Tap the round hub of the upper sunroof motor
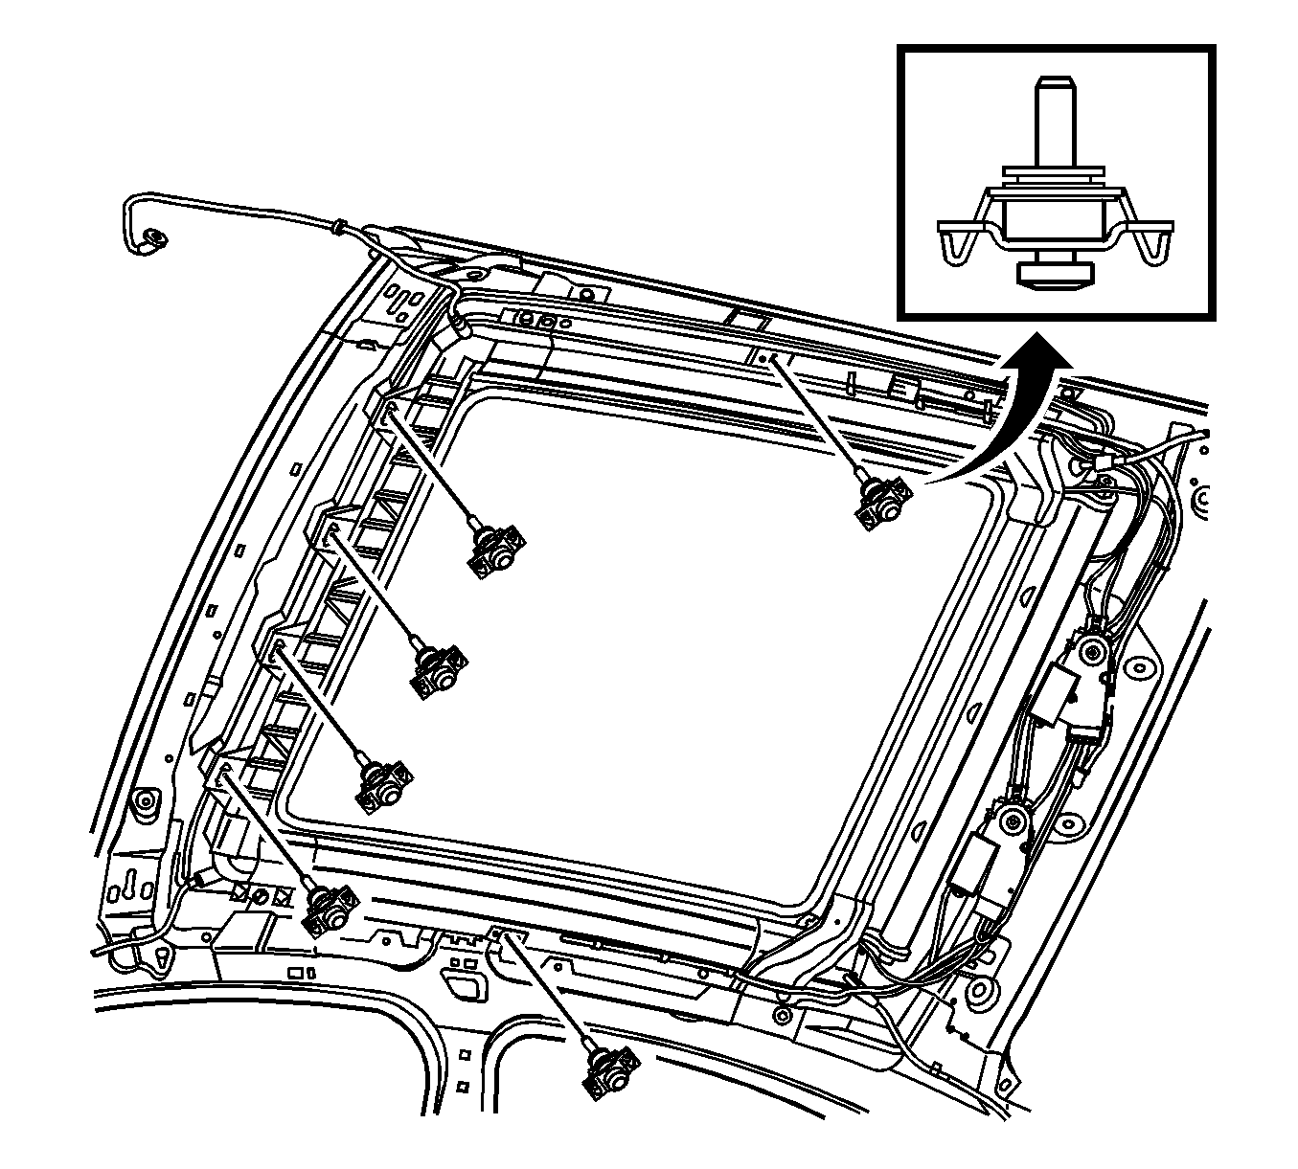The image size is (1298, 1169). click(1089, 653)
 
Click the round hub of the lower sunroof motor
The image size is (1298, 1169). click(1010, 820)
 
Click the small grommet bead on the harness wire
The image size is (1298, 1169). click(338, 228)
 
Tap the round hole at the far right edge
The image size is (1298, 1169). click(1196, 499)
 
